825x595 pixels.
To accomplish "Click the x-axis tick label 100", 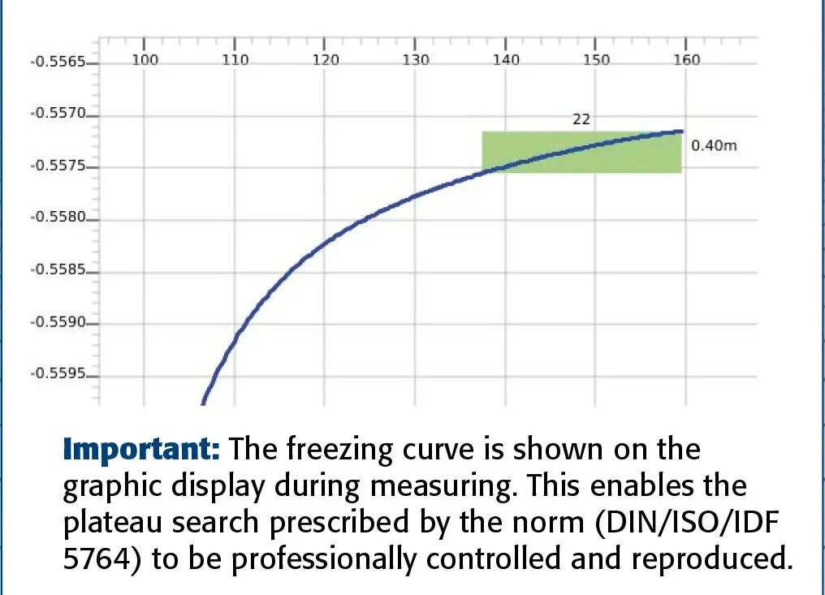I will coord(144,60).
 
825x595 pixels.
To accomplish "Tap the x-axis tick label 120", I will coord(325,60).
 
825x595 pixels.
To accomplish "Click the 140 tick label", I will coord(506,60).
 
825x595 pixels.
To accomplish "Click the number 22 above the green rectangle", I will coord(581,119).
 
